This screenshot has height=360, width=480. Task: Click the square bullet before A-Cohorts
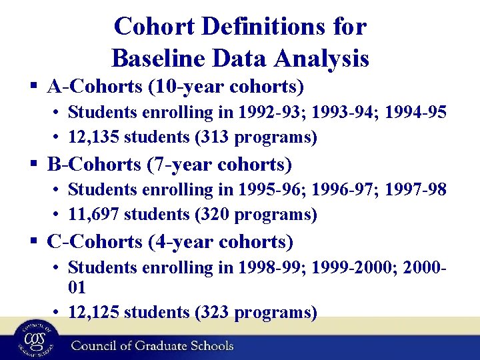click(x=34, y=87)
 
